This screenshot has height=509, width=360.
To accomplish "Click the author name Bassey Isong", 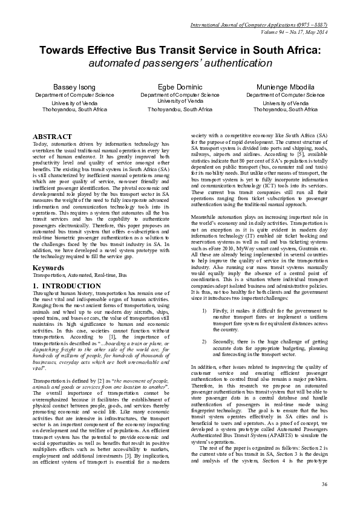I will pos(74,88).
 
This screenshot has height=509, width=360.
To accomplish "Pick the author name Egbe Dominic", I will pos(180,88).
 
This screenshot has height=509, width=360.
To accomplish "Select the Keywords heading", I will pos(48,267).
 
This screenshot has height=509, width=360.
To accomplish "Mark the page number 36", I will pos(324,484).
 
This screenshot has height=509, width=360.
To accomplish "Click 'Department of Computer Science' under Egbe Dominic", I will pos(180,96).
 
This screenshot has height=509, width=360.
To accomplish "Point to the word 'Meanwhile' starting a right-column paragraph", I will pos(205,215).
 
